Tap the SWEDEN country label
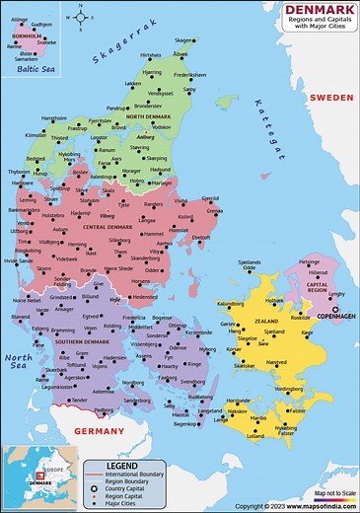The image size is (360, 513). [330, 99]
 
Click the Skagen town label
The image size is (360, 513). [184, 40]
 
